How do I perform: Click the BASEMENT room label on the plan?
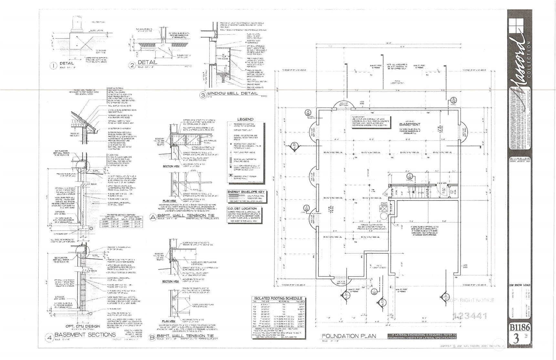tap(409, 124)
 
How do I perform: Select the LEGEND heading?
tap(245, 119)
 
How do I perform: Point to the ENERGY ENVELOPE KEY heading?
tap(246, 192)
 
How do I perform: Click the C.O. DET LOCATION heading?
tap(242, 208)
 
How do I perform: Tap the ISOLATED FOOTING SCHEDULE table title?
tap(278, 298)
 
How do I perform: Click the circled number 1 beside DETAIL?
tap(53, 66)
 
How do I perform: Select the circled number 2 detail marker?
tap(132, 65)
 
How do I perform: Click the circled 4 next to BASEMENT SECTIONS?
tap(49, 338)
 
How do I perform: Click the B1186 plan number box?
tap(520, 327)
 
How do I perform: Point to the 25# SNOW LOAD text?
tap(520, 285)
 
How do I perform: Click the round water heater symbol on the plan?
tap(384, 216)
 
